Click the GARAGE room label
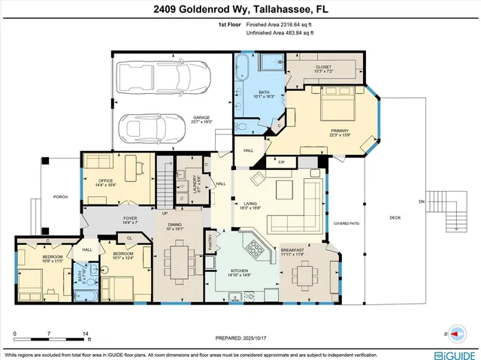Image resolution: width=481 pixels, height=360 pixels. click(x=201, y=118)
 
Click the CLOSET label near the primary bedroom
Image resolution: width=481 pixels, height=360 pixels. click(x=323, y=68)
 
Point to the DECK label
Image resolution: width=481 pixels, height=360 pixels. click(x=395, y=218)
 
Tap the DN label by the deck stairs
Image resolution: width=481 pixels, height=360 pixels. click(x=421, y=203)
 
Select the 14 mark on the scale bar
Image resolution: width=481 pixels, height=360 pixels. click(x=85, y=332)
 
